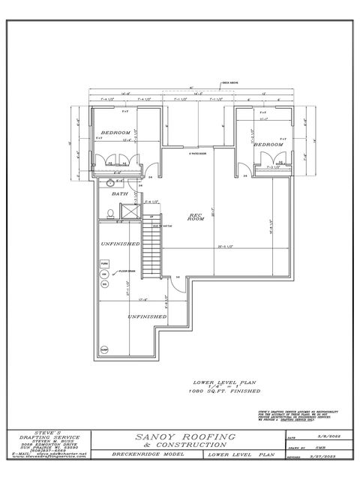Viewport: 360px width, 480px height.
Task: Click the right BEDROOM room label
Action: tap(267, 143)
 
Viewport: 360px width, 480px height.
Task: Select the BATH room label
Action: tap(120, 193)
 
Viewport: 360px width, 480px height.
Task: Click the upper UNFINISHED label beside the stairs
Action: tap(121, 244)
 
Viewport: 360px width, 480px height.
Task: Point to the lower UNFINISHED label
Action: tap(147, 316)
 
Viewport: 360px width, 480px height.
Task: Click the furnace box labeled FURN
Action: tap(105, 264)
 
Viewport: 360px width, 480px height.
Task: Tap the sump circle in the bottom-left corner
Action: tap(104, 347)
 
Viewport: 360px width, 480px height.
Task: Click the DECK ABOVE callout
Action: tap(229, 84)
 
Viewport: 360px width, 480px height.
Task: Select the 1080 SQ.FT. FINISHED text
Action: tap(225, 391)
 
